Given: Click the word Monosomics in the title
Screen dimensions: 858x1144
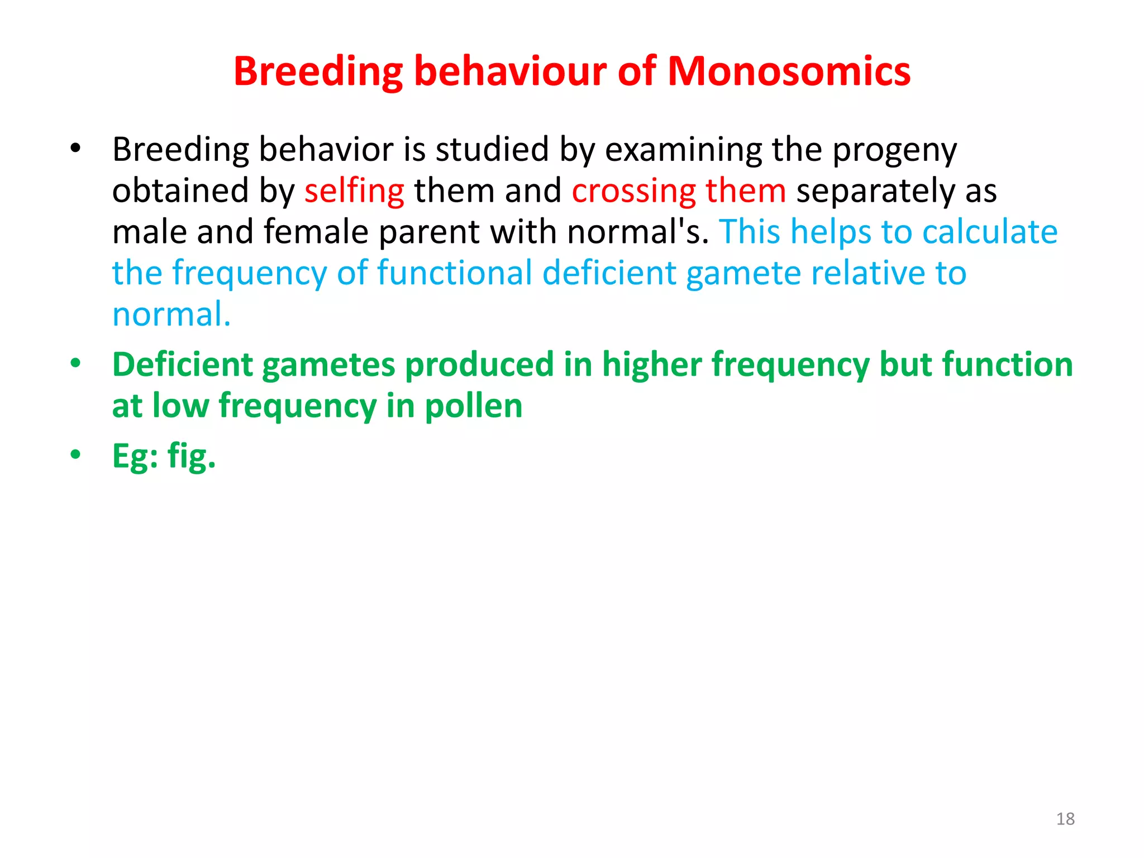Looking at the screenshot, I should [x=789, y=71].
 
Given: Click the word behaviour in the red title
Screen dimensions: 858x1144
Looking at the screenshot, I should [x=510, y=71].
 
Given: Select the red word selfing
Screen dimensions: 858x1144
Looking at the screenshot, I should [x=354, y=191].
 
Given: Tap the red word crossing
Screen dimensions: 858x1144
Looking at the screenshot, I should [x=633, y=191].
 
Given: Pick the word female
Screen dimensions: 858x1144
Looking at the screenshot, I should [x=316, y=232].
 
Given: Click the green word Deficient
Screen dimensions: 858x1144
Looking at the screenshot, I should [x=182, y=365].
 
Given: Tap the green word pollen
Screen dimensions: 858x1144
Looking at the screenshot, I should [x=474, y=406].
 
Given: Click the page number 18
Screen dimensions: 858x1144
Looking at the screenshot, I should [x=1065, y=819].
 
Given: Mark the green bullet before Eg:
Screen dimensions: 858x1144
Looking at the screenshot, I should [x=75, y=455].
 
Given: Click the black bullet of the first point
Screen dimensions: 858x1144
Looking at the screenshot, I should [x=75, y=149].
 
